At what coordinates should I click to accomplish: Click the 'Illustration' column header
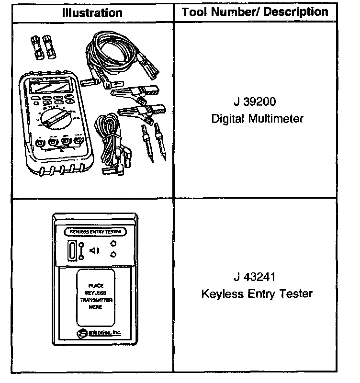92,12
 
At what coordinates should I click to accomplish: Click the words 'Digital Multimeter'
257,118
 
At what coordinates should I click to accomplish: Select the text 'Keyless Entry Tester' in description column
257,293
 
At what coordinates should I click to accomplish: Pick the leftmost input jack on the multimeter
40,143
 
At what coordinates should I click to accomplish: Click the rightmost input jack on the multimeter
76,141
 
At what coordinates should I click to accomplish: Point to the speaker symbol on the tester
94,250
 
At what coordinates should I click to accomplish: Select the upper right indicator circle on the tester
113,244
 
